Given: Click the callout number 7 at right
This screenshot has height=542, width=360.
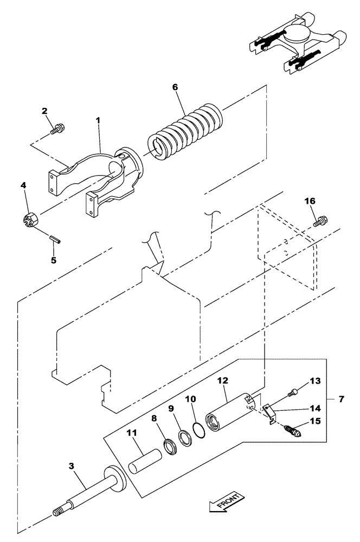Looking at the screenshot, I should point(340,399).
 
